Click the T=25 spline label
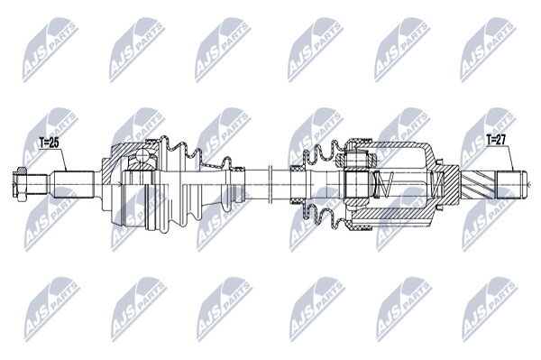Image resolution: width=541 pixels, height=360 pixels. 50,143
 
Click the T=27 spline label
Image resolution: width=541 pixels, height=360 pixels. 495,140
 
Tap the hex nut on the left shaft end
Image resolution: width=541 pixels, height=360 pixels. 21,184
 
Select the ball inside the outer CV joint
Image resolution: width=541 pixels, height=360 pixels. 142,156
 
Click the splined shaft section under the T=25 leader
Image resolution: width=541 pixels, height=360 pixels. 73,184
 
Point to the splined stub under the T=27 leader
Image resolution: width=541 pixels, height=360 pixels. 511,185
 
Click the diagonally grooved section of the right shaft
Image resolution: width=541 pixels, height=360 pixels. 478,185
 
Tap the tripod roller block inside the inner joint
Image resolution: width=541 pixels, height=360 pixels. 357,184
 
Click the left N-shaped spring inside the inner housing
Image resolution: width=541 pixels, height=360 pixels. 384,184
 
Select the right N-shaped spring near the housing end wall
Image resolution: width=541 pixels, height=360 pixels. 436,185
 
